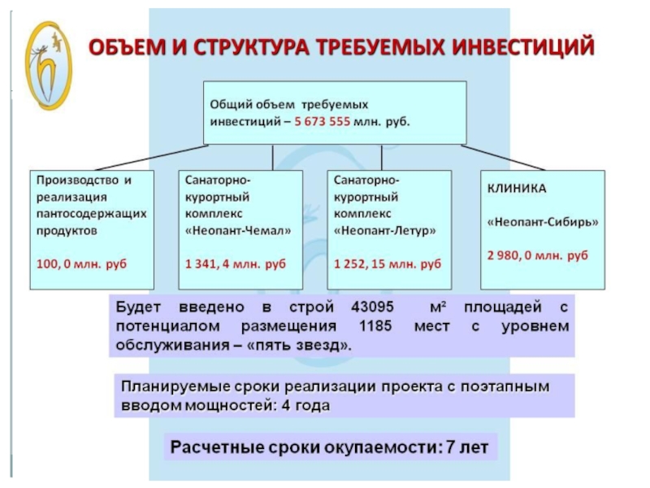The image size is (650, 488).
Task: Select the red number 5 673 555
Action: coord(322,121)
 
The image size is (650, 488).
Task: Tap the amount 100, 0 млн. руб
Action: coord(81,264)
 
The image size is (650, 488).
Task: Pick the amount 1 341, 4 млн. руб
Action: coord(236,264)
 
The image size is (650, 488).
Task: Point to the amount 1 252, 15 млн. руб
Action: coord(388,264)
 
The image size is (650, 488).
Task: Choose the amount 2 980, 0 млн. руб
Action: coord(538,255)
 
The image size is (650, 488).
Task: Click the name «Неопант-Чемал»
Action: coord(238,230)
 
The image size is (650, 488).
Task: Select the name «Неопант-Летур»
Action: coord(385,230)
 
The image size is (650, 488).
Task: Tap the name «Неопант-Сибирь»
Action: coord(543,222)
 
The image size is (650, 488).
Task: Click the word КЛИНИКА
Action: coord(517,189)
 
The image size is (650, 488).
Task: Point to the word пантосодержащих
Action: coord(91,214)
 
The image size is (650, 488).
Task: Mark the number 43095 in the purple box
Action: coord(372,307)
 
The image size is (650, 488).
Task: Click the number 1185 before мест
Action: coord(375,326)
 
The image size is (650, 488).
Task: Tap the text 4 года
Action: coord(305,405)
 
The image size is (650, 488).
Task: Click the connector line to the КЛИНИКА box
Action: coord(503,158)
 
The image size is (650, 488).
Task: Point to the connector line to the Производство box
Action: coord(152,158)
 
